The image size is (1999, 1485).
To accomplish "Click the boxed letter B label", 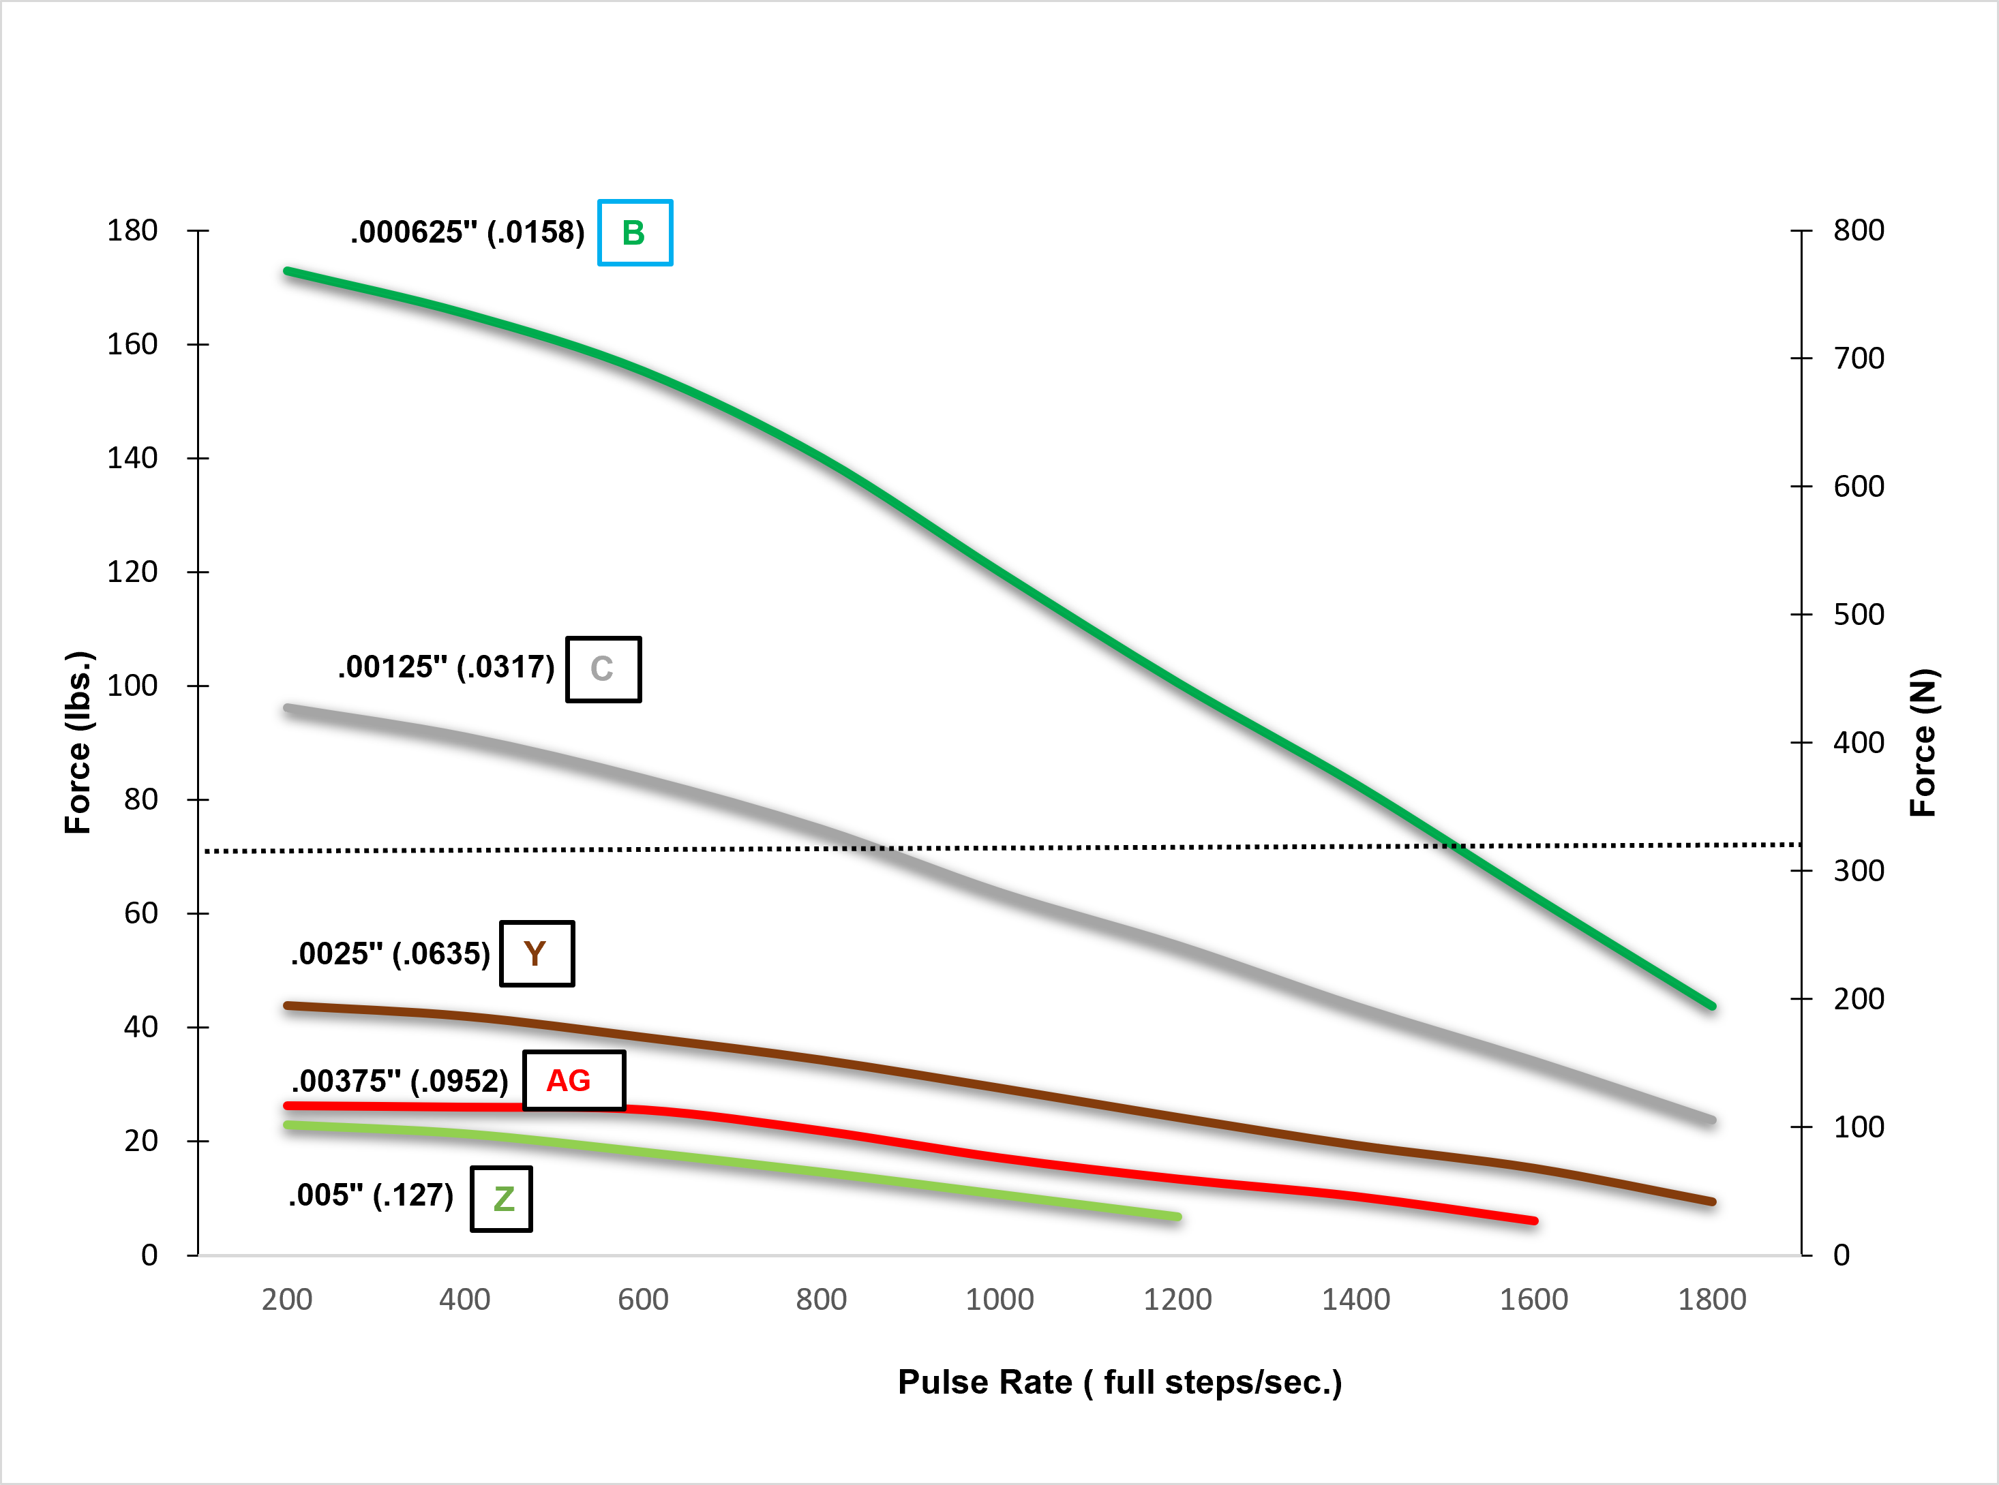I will pyautogui.click(x=635, y=233).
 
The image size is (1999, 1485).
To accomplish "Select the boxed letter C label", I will pyautogui.click(x=603, y=669).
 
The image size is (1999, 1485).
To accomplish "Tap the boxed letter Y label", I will pyautogui.click(x=536, y=953).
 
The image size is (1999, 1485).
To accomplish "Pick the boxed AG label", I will pyautogui.click(x=573, y=1080).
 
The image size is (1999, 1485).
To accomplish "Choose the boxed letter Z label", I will pyautogui.click(x=502, y=1198).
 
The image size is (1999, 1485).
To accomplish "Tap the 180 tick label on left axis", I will pyautogui.click(x=132, y=230).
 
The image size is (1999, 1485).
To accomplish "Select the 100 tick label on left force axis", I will pyautogui.click(x=132, y=685).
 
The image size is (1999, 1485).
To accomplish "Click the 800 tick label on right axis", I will pyautogui.click(x=1859, y=230).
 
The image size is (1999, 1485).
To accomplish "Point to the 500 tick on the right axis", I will pyautogui.click(x=1859, y=615).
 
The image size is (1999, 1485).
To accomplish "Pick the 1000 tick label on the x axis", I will pyautogui.click(x=999, y=1299).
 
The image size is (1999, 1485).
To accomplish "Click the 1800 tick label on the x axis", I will pyautogui.click(x=1711, y=1299).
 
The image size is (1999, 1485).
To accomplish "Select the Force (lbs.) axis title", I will pyautogui.click(x=78, y=743).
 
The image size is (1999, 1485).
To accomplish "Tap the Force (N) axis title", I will pyautogui.click(x=1923, y=743).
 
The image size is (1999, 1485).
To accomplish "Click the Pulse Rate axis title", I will pyautogui.click(x=1119, y=1381).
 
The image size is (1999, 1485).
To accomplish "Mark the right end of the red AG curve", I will pyautogui.click(x=1534, y=1221).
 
